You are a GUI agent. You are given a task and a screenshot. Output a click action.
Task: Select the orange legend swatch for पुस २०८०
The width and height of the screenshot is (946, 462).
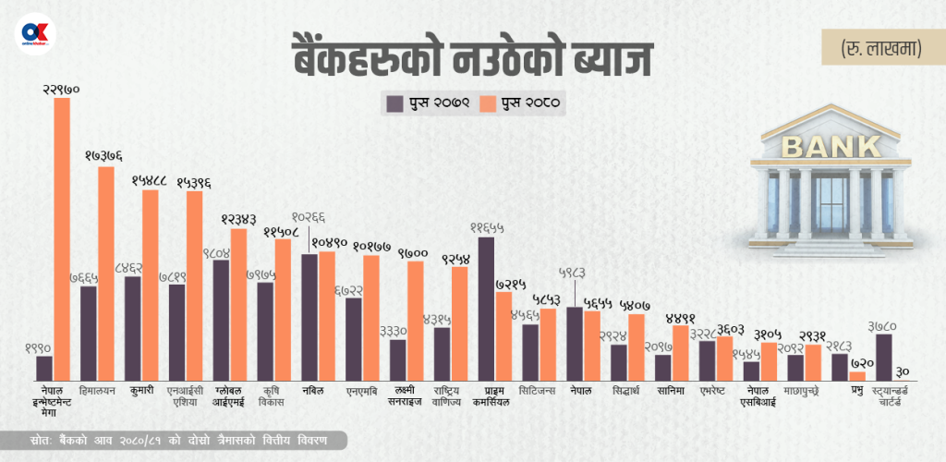click(488, 103)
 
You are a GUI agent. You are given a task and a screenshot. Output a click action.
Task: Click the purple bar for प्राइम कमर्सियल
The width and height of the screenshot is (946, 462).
click(486, 309)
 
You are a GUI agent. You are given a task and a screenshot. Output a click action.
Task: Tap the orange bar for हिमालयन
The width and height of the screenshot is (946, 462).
click(106, 274)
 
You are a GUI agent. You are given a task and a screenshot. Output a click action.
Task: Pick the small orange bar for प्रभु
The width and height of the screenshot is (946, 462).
click(857, 376)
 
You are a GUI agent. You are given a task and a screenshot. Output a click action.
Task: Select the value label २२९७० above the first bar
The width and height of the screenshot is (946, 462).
click(62, 89)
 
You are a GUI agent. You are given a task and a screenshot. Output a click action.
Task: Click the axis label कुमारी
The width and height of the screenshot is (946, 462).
click(141, 391)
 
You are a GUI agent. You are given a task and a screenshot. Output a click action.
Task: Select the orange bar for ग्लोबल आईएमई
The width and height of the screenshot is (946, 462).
click(238, 304)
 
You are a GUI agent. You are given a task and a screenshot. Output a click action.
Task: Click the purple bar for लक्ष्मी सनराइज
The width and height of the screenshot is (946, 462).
click(398, 360)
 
